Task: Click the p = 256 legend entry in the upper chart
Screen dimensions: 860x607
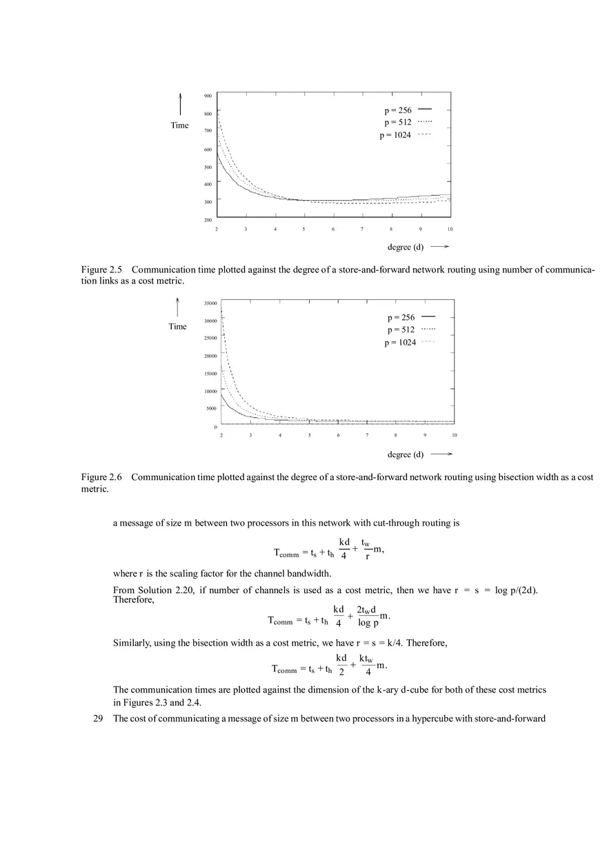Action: tap(408, 110)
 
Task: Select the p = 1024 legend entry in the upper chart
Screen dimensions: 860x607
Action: tap(405, 135)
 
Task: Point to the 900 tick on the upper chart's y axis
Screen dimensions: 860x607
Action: tap(208, 96)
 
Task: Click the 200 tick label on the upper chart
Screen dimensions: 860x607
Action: tap(208, 220)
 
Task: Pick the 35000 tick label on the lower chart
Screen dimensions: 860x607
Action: tap(210, 303)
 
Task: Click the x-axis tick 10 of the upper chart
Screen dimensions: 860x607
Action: tap(450, 229)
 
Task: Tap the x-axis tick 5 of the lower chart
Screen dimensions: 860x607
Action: tap(309, 435)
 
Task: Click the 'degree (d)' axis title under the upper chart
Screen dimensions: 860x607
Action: tap(406, 247)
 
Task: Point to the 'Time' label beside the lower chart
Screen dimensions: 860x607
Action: tap(177, 326)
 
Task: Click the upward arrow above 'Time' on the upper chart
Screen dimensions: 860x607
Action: tap(180, 104)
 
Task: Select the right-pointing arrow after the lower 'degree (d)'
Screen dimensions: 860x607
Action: tap(441, 454)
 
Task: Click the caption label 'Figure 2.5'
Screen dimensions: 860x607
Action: tap(101, 270)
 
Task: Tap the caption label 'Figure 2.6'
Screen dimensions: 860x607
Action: tap(101, 477)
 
